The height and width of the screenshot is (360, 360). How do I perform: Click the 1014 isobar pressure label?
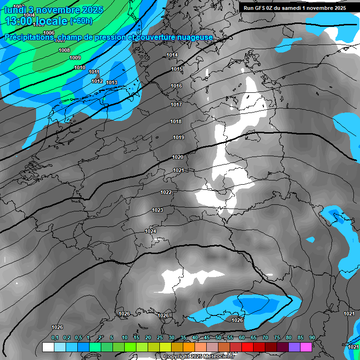[x=172, y=55]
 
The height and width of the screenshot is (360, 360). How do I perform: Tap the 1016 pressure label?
[x=176, y=86]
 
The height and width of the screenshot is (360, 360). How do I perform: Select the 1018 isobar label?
[x=176, y=122]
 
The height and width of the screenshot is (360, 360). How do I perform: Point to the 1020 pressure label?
[x=178, y=157]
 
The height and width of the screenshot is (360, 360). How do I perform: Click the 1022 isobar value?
[x=166, y=193]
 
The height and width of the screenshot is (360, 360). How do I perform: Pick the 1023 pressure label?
[x=157, y=210]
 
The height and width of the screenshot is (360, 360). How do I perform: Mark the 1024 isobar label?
[x=150, y=232]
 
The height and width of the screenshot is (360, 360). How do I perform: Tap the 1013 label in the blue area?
[x=112, y=83]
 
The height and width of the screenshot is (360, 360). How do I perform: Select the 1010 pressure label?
[x=80, y=68]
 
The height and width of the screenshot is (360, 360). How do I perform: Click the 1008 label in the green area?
[x=64, y=50]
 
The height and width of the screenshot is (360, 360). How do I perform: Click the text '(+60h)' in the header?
[x=81, y=21]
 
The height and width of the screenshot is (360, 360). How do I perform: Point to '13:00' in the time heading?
[x=18, y=21]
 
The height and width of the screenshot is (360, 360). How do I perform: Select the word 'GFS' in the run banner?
[x=261, y=8]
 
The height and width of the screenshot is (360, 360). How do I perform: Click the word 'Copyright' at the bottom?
[x=177, y=357]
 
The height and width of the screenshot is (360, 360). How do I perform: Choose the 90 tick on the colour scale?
[x=312, y=338]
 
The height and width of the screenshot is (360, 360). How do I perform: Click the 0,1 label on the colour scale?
[x=55, y=338]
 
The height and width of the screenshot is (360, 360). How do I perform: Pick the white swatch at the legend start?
[x=48, y=347]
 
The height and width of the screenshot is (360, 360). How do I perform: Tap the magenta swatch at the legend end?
[x=306, y=347]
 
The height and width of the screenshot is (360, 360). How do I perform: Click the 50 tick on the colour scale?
[x=218, y=338]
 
